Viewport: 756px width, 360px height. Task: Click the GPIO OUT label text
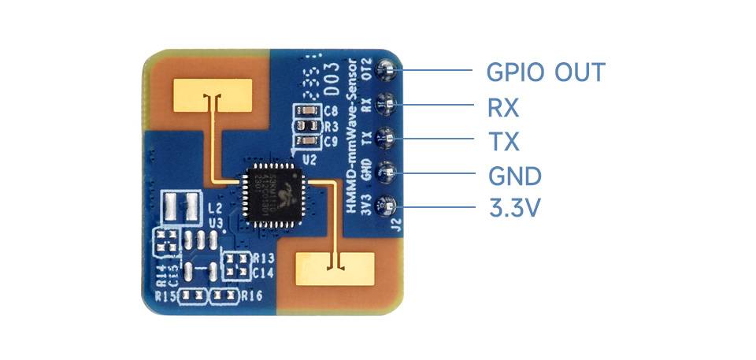point(546,72)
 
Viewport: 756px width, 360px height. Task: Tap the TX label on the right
point(503,143)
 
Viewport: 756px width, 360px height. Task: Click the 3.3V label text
point(515,209)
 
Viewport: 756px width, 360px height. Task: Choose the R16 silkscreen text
point(251,296)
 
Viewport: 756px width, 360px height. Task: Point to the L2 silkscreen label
point(215,208)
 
